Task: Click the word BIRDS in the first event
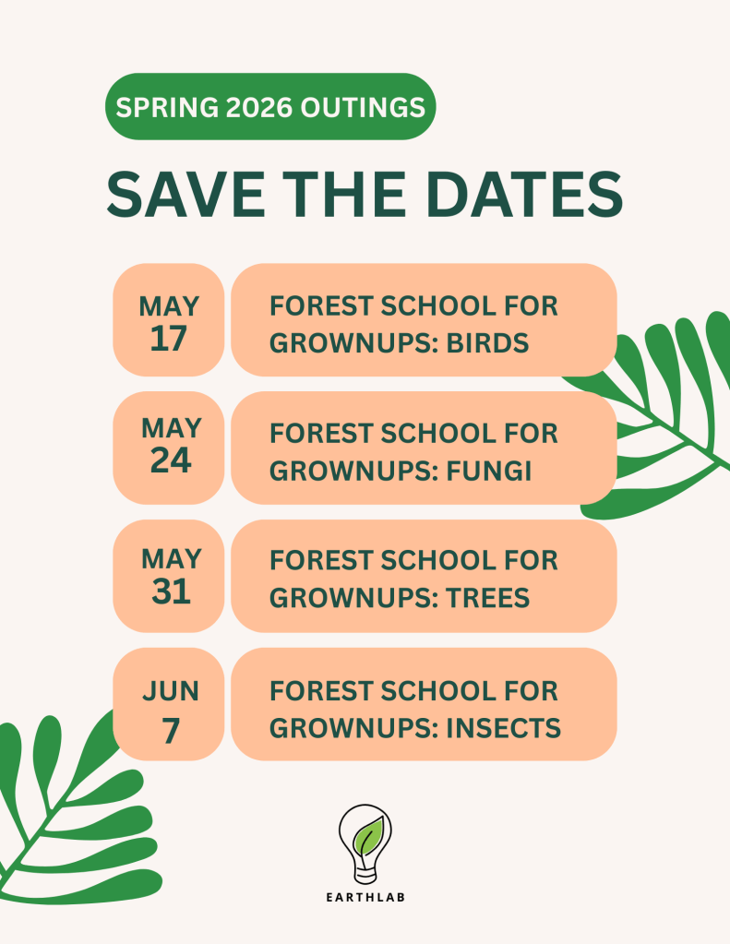click(x=487, y=343)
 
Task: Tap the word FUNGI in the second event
click(x=488, y=471)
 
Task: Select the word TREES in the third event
click(x=488, y=598)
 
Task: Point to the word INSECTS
click(x=504, y=728)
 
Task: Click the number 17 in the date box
click(x=168, y=339)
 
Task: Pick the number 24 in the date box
click(x=171, y=461)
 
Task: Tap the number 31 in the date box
click(x=171, y=591)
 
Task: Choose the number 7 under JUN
click(x=171, y=731)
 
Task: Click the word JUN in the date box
click(x=171, y=691)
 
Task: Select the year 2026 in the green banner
click(x=259, y=107)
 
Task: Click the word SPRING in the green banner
click(x=167, y=107)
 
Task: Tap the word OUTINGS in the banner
click(x=363, y=107)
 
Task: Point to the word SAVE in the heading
click(x=185, y=194)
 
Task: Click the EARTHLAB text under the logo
click(x=365, y=897)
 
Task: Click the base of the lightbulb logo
click(x=365, y=876)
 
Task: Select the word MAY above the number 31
click(x=171, y=559)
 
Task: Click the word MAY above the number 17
click(x=169, y=306)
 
